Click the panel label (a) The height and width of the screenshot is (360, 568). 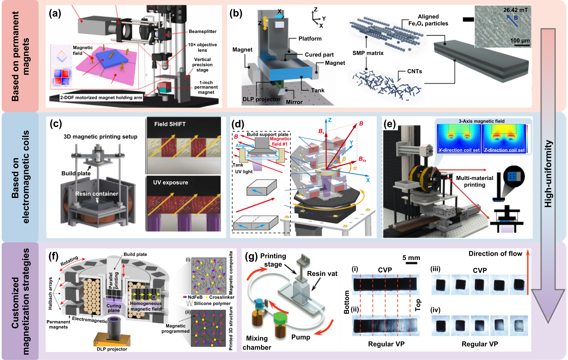click(55, 13)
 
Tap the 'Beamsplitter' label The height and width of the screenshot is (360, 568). click(203, 31)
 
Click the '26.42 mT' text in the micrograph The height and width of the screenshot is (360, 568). click(515, 10)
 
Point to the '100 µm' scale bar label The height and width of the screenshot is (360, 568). click(520, 40)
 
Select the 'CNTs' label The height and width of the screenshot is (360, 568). click(414, 71)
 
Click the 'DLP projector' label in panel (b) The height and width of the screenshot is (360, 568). click(261, 99)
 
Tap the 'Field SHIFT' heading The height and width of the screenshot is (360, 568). click(170, 124)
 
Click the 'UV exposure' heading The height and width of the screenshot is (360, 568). click(171, 182)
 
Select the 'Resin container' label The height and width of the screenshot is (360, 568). click(97, 194)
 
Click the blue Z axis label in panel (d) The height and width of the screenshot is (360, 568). click(330, 120)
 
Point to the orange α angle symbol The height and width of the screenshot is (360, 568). click(355, 168)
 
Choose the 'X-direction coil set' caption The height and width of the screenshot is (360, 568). click(459, 150)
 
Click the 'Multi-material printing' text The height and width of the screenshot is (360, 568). click(474, 181)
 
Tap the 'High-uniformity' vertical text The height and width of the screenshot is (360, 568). click(548, 174)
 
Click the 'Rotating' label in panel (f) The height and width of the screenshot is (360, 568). click(69, 261)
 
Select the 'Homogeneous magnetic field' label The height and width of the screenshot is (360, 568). click(146, 306)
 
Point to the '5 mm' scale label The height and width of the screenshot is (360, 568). click(411, 258)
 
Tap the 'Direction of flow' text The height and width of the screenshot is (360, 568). click(495, 254)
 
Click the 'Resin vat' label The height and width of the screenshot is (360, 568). click(322, 274)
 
